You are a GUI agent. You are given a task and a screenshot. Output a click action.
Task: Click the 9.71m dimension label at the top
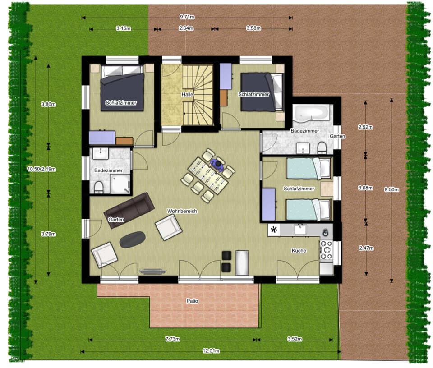tap(187, 18)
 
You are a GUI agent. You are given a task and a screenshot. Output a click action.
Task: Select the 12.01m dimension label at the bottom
tap(210, 351)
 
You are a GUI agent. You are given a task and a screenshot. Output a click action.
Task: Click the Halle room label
tap(188, 95)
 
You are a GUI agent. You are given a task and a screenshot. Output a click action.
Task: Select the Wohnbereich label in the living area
tap(182, 211)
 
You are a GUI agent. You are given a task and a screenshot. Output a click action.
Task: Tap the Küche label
tap(299, 250)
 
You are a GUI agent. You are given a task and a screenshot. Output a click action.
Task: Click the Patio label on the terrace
tap(193, 300)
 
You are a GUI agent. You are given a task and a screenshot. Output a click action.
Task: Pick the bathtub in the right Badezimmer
tap(313, 113)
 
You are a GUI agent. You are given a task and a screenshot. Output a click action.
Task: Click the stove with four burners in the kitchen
tap(326, 249)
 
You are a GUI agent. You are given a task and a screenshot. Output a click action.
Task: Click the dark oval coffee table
tap(133, 239)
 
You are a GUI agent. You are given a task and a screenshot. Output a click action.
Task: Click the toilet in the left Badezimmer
tap(99, 187)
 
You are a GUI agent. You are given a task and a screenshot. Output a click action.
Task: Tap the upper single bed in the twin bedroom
tap(309, 168)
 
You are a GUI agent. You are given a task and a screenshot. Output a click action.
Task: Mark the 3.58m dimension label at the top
tap(253, 28)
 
